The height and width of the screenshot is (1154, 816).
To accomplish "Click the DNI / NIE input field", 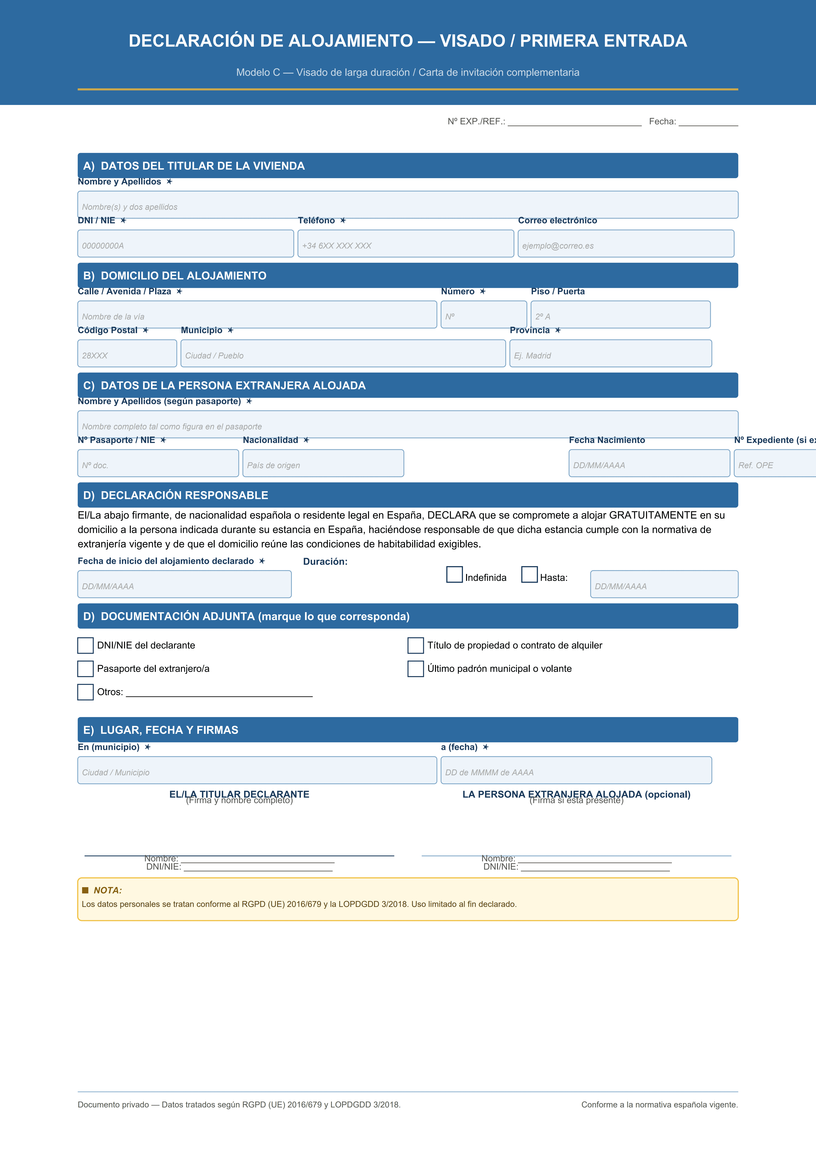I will [x=186, y=244].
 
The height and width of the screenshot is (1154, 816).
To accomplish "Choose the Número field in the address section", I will [x=484, y=315].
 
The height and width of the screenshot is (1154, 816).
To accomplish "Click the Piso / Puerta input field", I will [x=620, y=315].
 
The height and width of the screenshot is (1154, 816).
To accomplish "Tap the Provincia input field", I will [x=610, y=353].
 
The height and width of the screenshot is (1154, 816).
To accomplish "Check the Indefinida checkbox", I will [x=455, y=574].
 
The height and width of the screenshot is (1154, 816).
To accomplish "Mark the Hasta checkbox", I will [x=529, y=574].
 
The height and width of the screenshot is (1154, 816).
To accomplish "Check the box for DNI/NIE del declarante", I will [x=86, y=645].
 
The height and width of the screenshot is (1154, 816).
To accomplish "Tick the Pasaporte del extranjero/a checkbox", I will [x=86, y=669].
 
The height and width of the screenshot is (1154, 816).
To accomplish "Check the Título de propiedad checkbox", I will [x=415, y=645].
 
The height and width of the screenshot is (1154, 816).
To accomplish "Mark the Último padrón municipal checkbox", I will [x=415, y=669].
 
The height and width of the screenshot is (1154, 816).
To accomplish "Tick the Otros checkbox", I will [x=86, y=692].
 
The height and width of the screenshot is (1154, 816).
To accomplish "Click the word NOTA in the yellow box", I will [x=108, y=890].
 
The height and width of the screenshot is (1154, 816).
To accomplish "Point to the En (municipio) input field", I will [x=257, y=770].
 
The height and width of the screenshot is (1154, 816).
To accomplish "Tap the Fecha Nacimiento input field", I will [x=649, y=463].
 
